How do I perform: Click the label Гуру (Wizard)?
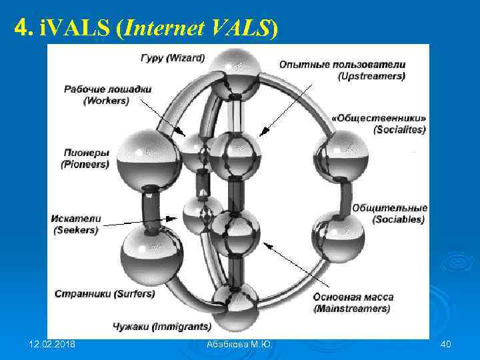point(173,58)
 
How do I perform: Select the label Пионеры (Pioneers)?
point(85,157)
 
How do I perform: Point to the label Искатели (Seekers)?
point(76,224)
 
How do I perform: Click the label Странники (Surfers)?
point(105,293)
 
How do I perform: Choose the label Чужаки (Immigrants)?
point(162,327)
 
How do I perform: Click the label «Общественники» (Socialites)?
point(379,123)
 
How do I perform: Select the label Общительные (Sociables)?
point(389,213)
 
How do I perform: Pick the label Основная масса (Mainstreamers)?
point(353,303)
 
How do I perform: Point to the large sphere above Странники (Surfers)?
point(151,255)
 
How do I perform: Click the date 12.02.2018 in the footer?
point(53,344)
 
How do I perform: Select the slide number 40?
point(446,344)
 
